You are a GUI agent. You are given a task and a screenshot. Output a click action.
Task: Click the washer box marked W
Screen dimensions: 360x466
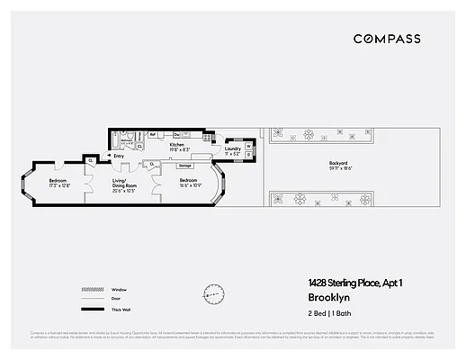[248, 144]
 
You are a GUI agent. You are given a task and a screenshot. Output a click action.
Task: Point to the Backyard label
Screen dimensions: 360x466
[340, 163]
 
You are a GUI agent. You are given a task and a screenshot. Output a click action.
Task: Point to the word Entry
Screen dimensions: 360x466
[118, 156]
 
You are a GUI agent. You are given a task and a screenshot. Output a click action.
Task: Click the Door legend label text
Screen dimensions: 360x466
[114, 300]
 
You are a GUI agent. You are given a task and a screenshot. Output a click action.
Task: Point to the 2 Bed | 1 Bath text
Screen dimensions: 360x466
[327, 312]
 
